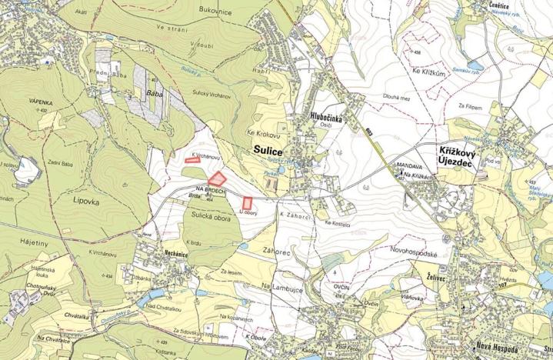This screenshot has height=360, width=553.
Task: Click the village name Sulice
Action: click(267, 152)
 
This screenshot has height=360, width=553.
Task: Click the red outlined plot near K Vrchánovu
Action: click(192, 161)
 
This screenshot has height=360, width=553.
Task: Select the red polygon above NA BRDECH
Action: click(218, 178)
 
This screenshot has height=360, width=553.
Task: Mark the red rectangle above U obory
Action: click(248, 202)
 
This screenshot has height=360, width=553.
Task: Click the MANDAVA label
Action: click(409, 165)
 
